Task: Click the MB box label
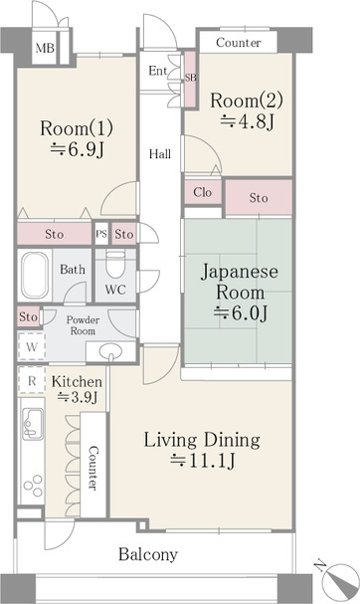(x=44, y=48)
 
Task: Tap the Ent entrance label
(x=158, y=71)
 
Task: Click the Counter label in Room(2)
(x=239, y=43)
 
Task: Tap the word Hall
(x=159, y=154)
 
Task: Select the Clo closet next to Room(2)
(x=202, y=192)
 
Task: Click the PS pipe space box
(x=100, y=234)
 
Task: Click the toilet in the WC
(x=115, y=267)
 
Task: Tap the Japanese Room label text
(x=234, y=282)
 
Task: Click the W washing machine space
(x=32, y=347)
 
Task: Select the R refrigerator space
(x=32, y=380)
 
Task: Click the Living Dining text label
(x=202, y=439)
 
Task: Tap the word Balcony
(x=148, y=554)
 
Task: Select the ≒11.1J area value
(x=202, y=460)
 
